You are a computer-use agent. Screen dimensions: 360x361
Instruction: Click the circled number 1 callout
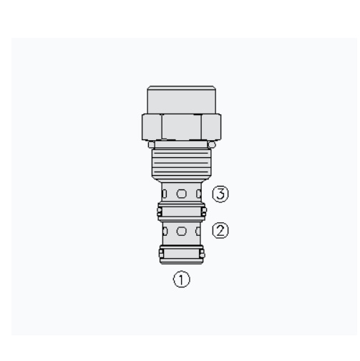point(182,279)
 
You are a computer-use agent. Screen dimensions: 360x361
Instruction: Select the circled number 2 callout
point(220,230)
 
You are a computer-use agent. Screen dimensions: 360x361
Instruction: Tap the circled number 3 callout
point(220,194)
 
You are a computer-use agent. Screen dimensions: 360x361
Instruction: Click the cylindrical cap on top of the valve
point(182,99)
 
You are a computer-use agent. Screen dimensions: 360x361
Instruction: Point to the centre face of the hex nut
point(182,127)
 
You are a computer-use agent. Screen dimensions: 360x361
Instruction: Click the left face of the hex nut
point(152,127)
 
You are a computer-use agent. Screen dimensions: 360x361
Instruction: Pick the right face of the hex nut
point(211,127)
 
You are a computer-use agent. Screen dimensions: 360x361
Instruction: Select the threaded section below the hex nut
point(182,164)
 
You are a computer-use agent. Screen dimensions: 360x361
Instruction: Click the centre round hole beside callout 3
point(182,194)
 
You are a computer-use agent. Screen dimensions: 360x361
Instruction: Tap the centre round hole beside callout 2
point(182,231)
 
